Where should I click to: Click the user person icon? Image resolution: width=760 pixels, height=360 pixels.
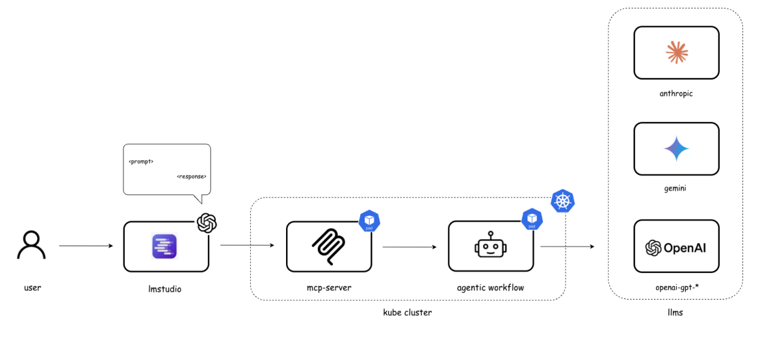[x=31, y=246]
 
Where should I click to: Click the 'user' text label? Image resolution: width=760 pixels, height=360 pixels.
[x=32, y=287]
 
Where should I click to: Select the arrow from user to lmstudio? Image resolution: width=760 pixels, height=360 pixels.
[x=85, y=246]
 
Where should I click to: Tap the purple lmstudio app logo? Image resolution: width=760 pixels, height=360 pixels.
[x=166, y=247]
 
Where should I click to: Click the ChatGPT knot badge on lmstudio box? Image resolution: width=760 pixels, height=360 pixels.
[x=207, y=223]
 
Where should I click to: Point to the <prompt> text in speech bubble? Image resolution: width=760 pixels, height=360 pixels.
[x=141, y=161]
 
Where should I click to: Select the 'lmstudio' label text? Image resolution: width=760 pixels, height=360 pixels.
[x=165, y=289]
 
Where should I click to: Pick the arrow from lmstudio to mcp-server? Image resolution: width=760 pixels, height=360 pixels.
[x=247, y=246]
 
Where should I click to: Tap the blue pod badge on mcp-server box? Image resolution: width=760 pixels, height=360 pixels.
[x=369, y=221]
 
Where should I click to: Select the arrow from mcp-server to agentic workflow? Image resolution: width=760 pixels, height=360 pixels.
[x=409, y=247]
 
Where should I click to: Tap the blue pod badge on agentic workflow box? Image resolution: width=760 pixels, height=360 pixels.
[x=532, y=220]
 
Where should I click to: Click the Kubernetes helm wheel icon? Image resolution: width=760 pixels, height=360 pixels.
[x=563, y=201]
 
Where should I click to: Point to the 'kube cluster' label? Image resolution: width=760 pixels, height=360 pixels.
[x=408, y=313]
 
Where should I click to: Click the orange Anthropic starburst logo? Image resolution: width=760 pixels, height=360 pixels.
[x=676, y=53]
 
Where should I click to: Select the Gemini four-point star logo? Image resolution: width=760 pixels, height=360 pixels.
[x=676, y=149]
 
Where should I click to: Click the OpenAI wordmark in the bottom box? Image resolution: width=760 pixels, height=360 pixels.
[x=676, y=248]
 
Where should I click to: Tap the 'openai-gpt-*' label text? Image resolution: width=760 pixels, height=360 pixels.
[x=676, y=287]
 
